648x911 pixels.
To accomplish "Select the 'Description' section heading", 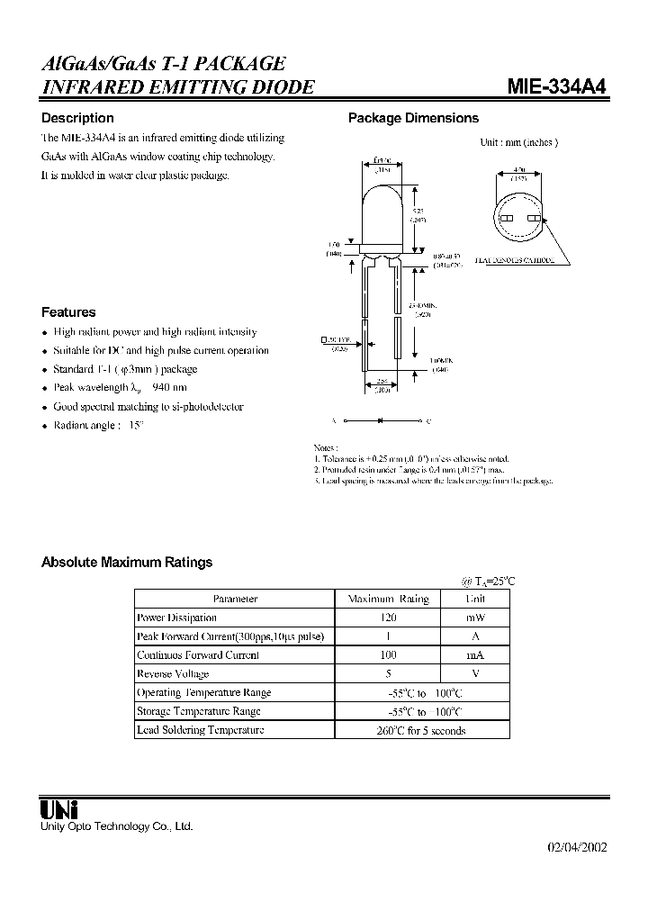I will tap(77, 118).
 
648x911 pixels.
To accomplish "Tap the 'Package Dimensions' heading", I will tap(413, 118).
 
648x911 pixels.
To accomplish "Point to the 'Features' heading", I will tap(68, 312).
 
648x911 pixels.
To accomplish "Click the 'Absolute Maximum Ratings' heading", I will tap(127, 562).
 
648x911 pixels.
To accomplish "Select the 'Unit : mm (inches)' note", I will tap(518, 142).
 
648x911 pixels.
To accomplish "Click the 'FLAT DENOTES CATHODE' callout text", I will tap(513, 259).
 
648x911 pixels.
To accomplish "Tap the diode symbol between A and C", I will tap(381, 420).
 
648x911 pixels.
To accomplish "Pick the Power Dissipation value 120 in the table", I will tap(387, 618).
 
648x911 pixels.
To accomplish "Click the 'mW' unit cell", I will tap(474, 618).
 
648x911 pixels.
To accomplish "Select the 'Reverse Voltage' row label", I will tap(173, 674).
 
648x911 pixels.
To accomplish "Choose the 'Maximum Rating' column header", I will tap(388, 599).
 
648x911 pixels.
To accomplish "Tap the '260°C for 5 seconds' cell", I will tap(420, 731).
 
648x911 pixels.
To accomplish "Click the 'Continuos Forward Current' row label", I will tap(197, 655).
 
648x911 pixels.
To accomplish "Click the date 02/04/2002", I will tap(577, 848).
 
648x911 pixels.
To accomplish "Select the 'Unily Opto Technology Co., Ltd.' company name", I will tap(117, 825).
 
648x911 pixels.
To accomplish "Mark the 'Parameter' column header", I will tap(235, 599).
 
